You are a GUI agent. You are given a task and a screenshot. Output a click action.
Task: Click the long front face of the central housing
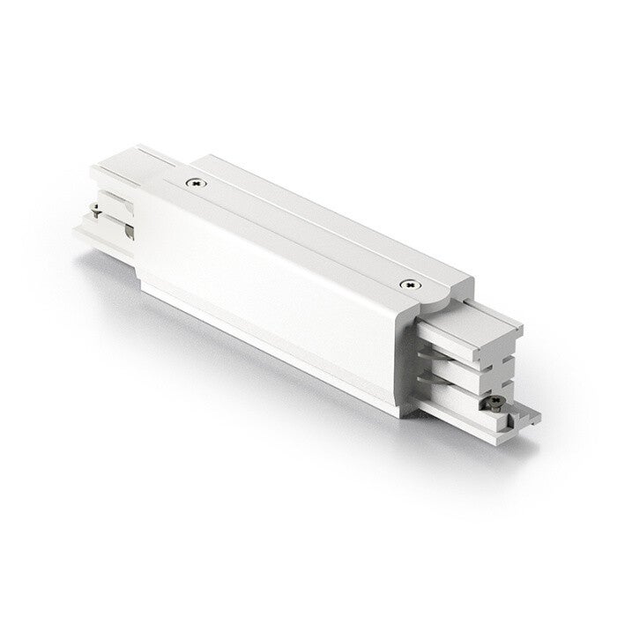pos(264,291)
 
